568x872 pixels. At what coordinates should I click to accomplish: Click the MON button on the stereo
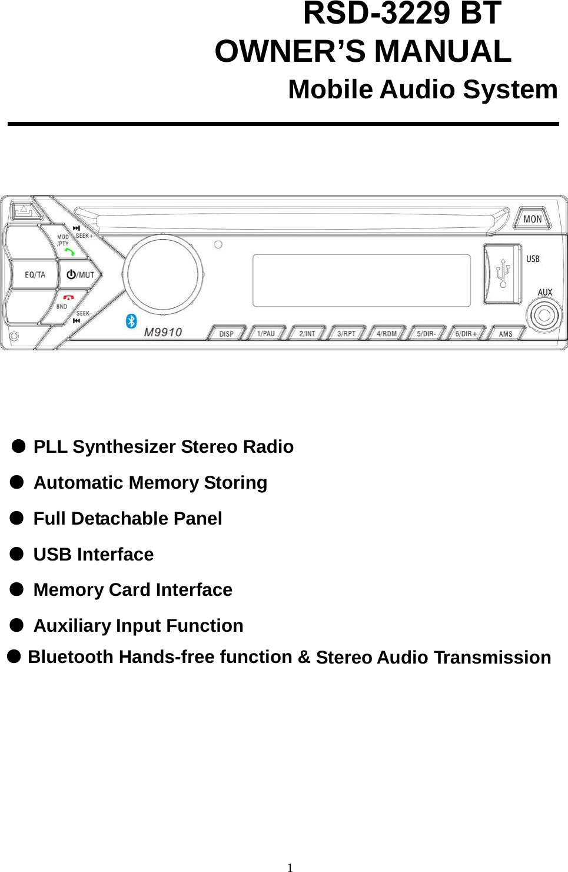(x=532, y=218)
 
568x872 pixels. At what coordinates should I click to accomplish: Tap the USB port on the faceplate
(x=502, y=274)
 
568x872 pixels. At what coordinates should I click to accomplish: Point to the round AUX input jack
(x=544, y=315)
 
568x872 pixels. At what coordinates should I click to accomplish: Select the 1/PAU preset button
(x=266, y=333)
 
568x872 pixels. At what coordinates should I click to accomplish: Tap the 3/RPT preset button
(x=346, y=333)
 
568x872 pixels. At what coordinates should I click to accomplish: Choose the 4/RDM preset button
(x=386, y=333)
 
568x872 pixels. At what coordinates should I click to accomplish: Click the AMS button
(x=505, y=334)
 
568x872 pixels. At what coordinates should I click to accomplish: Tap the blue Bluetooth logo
(x=131, y=321)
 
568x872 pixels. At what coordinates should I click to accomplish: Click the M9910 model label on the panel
(x=163, y=332)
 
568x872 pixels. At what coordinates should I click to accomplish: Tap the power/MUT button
(x=80, y=274)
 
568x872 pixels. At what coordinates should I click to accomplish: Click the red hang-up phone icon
(x=68, y=298)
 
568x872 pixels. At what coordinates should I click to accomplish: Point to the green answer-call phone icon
(x=69, y=251)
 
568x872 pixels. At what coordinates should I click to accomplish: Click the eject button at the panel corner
(x=23, y=210)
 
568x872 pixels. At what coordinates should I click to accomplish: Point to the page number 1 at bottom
(x=290, y=867)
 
